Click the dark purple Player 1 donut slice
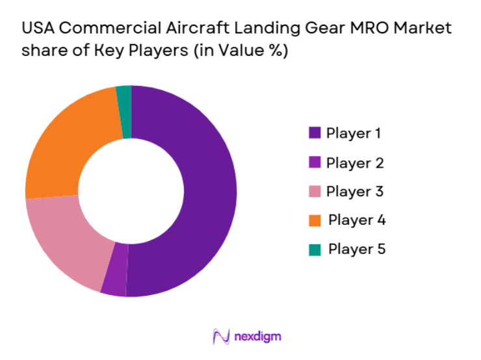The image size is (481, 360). pos(208,195)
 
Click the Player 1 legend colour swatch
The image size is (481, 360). pos(315,133)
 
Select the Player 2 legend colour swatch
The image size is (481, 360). pos(315,162)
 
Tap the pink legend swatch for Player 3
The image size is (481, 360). pos(315,192)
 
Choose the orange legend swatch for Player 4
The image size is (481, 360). pos(315,220)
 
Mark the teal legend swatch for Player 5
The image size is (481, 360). pos(315,249)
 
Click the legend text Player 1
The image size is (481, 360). pos(354,133)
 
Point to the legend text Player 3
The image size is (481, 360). pos(355,192)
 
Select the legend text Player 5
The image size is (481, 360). pos(357,249)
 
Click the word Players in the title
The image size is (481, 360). pos(145,51)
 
